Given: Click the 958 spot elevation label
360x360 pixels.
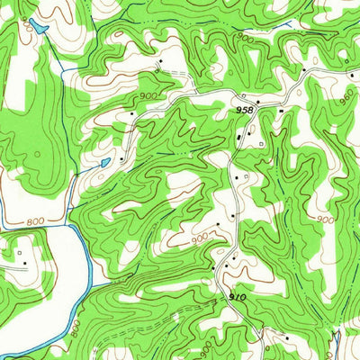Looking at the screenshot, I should click(x=244, y=109).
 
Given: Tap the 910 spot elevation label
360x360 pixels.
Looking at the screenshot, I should click(x=237, y=295).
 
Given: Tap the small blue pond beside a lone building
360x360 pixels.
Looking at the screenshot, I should click(x=105, y=162).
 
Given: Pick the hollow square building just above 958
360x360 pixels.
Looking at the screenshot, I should click(x=243, y=95).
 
